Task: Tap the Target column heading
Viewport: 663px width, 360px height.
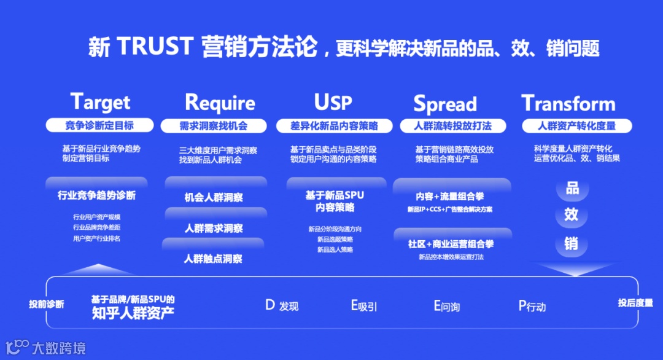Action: (100, 102)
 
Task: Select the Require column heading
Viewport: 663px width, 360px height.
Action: (220, 102)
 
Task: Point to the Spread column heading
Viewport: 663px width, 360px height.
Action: (444, 104)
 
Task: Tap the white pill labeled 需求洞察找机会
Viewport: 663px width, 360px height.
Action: (213, 126)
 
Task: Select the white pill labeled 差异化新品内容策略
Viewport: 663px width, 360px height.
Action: (334, 126)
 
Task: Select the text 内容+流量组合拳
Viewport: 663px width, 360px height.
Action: (450, 197)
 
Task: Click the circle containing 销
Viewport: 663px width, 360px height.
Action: (572, 244)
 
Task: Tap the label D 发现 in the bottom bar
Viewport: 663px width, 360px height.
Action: (282, 305)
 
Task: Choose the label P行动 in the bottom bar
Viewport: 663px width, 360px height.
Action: (532, 306)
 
